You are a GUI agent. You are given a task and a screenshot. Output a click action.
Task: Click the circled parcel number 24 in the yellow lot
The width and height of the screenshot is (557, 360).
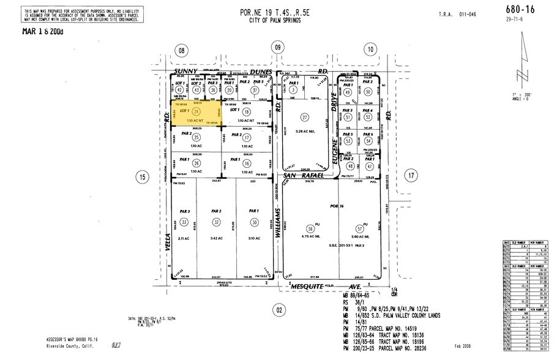197,112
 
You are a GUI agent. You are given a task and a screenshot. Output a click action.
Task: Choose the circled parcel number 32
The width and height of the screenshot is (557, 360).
215,221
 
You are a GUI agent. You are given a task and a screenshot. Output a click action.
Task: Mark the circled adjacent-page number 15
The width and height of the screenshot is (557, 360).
141,178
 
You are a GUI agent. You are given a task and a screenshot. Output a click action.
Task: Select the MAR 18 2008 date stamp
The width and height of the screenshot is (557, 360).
42,30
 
